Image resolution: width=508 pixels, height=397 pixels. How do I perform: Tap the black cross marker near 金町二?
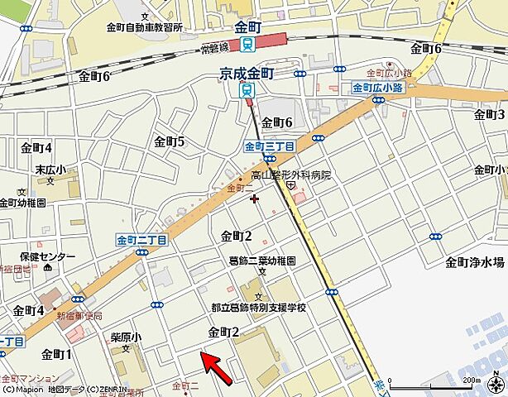[254, 198]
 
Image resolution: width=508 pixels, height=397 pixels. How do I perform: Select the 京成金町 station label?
[246, 74]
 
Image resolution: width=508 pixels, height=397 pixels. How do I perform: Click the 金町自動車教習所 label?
[145, 26]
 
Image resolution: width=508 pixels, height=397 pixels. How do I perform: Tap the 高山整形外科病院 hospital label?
[290, 175]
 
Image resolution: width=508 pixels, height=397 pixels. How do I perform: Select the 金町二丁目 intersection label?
[141, 239]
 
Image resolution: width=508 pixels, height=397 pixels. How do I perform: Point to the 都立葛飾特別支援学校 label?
[258, 307]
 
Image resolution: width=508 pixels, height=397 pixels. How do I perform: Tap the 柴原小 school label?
[126, 337]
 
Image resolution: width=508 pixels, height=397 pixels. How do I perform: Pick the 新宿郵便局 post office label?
[79, 316]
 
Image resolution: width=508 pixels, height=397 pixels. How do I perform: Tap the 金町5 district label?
[169, 141]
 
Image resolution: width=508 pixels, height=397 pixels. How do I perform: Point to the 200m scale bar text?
[470, 380]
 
